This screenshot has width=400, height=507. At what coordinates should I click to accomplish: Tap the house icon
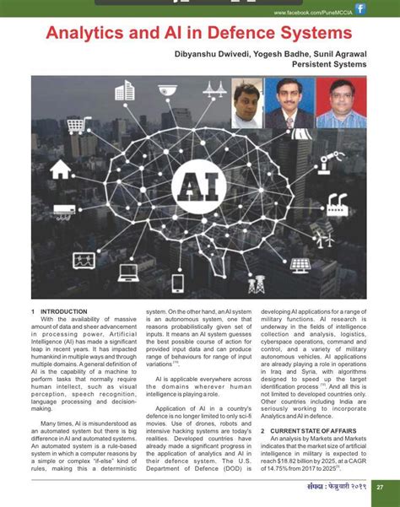click(x=60, y=170)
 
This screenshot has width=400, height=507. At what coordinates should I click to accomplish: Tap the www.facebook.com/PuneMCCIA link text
click(x=311, y=12)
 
